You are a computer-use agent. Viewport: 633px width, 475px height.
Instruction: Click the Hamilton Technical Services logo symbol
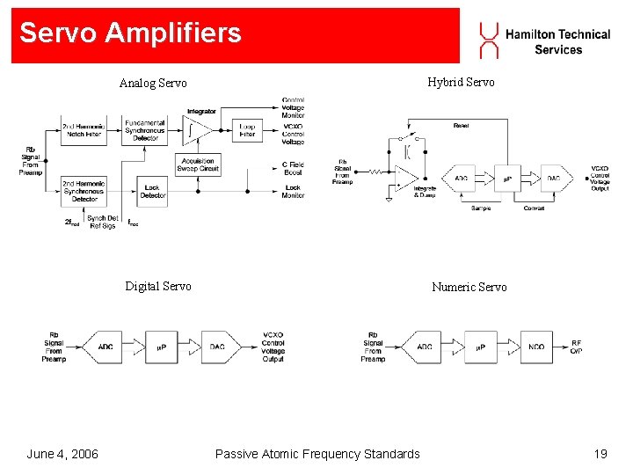click(x=488, y=40)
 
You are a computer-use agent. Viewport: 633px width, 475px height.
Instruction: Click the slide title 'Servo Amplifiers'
click(x=130, y=33)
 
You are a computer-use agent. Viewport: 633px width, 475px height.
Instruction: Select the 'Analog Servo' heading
click(x=153, y=84)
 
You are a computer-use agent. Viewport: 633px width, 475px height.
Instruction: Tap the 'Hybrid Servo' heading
click(x=461, y=83)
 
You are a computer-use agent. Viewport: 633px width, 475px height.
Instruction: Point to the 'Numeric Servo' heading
click(x=469, y=287)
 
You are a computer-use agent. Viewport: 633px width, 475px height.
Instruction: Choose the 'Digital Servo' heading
click(x=158, y=286)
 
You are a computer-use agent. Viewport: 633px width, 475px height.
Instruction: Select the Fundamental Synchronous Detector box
click(x=145, y=130)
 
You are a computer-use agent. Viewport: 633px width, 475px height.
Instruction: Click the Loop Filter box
click(x=248, y=131)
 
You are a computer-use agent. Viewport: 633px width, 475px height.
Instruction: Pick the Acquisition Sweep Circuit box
click(x=198, y=164)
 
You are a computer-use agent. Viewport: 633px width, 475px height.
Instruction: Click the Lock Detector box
click(x=152, y=191)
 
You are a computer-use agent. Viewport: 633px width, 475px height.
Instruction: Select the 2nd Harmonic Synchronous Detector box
click(x=84, y=191)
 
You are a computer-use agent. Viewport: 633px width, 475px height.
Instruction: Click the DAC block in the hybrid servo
click(x=554, y=179)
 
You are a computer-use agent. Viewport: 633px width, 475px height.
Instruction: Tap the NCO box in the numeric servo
click(x=536, y=347)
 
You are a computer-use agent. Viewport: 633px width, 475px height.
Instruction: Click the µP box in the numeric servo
click(x=481, y=347)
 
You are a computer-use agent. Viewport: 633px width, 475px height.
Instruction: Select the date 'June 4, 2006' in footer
click(x=62, y=454)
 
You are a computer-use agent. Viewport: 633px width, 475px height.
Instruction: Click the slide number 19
click(x=600, y=454)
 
